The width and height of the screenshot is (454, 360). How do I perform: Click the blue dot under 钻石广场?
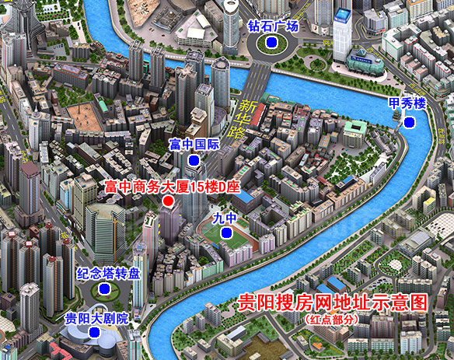point(271,43)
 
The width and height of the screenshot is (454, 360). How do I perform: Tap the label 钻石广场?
point(273,26)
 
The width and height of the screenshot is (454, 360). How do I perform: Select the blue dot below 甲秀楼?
point(408,122)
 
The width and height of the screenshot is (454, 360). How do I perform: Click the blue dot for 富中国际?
point(194,160)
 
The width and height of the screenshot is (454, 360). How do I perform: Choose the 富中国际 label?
point(195,145)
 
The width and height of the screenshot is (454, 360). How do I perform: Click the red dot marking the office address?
point(167,202)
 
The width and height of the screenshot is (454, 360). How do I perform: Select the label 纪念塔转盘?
point(109,274)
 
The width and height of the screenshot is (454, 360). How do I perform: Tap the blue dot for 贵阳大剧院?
point(94,332)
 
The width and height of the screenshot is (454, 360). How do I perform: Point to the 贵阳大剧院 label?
point(96,317)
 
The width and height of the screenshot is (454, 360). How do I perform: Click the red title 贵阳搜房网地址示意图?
point(333,302)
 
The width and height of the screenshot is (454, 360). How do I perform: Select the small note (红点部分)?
point(332,319)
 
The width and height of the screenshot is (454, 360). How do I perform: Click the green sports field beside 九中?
point(232,250)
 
